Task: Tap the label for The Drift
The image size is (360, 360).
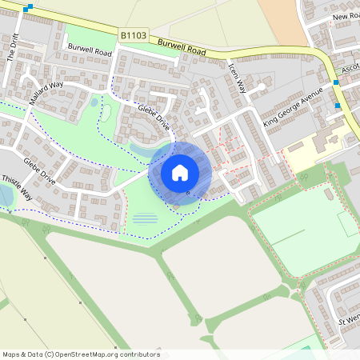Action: [12, 51]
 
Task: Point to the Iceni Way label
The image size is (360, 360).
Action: [237, 78]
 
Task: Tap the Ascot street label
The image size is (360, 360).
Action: [350, 70]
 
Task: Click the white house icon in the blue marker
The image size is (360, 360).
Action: [180, 173]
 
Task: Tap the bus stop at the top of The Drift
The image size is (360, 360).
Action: [30, 7]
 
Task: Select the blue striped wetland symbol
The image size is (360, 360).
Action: [145, 218]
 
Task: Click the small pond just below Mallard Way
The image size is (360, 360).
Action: [94, 102]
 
